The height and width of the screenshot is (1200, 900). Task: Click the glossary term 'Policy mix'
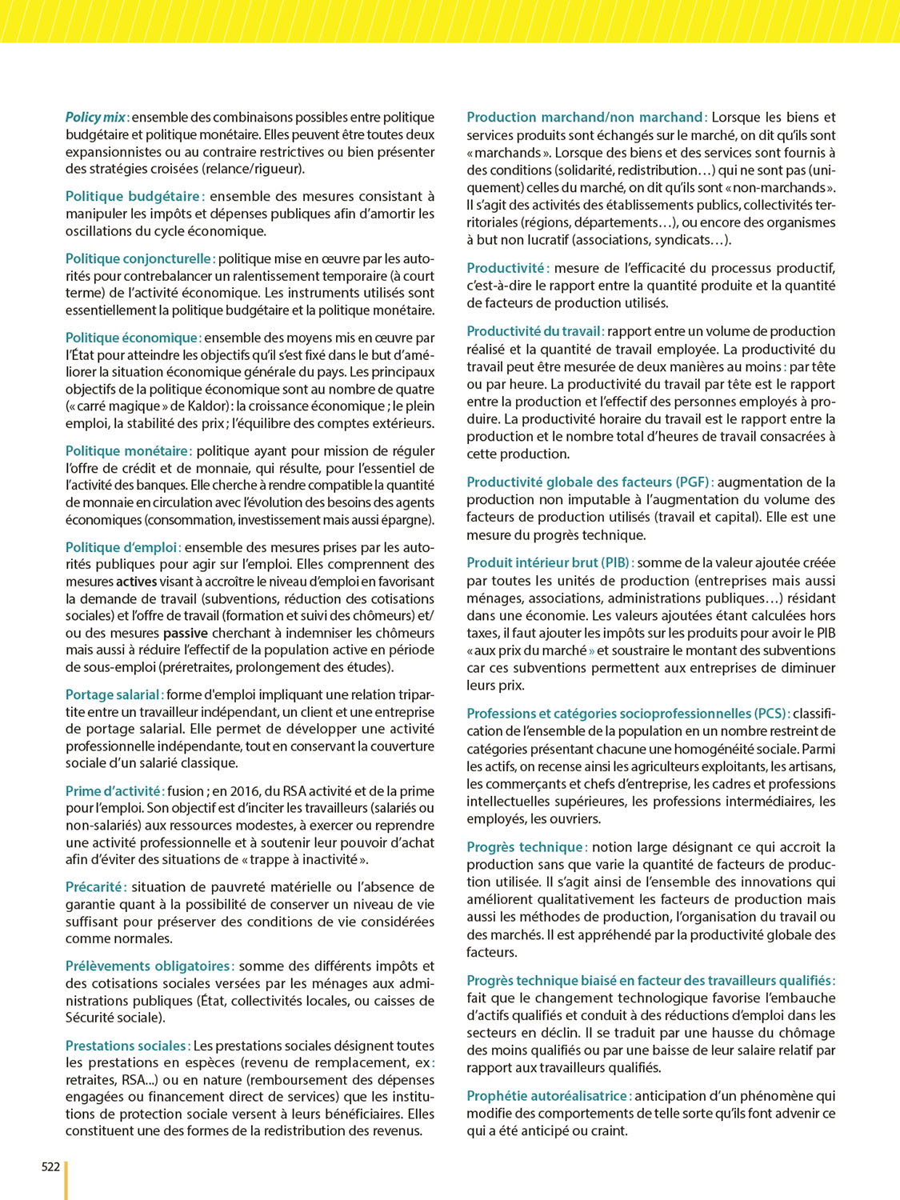95,118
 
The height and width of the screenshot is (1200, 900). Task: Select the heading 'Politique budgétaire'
133,196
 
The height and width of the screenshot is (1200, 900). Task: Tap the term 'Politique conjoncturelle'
138,258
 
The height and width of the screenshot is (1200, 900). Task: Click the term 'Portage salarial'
113,694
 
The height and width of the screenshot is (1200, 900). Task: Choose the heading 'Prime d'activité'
114,791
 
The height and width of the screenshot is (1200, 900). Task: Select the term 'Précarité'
94,886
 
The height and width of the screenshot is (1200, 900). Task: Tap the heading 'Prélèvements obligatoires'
148,966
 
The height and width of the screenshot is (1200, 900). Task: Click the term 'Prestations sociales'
126,1046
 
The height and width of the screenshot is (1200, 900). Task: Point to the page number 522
50,1166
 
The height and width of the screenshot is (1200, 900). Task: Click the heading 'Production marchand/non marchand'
584,118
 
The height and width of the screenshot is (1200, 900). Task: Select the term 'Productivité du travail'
534,331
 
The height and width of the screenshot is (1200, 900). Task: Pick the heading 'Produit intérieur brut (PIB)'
549,562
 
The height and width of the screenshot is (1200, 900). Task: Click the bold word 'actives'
136,582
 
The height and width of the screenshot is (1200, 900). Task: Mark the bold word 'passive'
186,633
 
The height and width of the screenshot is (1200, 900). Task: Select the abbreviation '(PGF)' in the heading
693,482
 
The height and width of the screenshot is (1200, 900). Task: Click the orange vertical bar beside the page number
66,1180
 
